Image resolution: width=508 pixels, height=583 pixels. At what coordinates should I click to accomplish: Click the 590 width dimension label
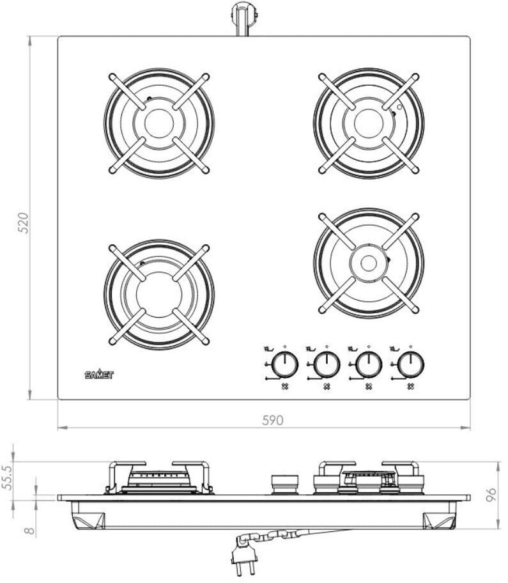273,420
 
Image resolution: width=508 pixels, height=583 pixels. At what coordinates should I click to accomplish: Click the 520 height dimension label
24,222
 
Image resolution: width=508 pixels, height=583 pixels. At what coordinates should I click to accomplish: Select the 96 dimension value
491,495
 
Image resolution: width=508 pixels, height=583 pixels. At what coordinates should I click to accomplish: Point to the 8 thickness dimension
29,531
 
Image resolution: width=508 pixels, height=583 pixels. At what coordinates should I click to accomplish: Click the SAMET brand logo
99,375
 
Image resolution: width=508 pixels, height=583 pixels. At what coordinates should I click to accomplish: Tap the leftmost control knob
285,364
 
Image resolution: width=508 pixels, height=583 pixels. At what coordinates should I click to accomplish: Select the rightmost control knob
411,364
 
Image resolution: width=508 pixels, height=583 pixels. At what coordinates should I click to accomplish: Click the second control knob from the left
327,364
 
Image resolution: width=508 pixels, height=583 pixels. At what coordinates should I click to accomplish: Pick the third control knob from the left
369,364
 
